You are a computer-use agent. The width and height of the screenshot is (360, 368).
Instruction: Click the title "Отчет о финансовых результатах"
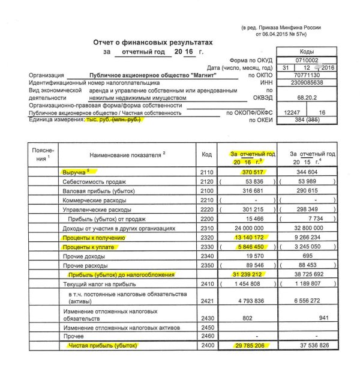point(154,43)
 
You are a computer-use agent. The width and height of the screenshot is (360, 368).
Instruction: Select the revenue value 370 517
point(253,172)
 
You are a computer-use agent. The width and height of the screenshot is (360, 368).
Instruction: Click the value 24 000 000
point(253,228)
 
